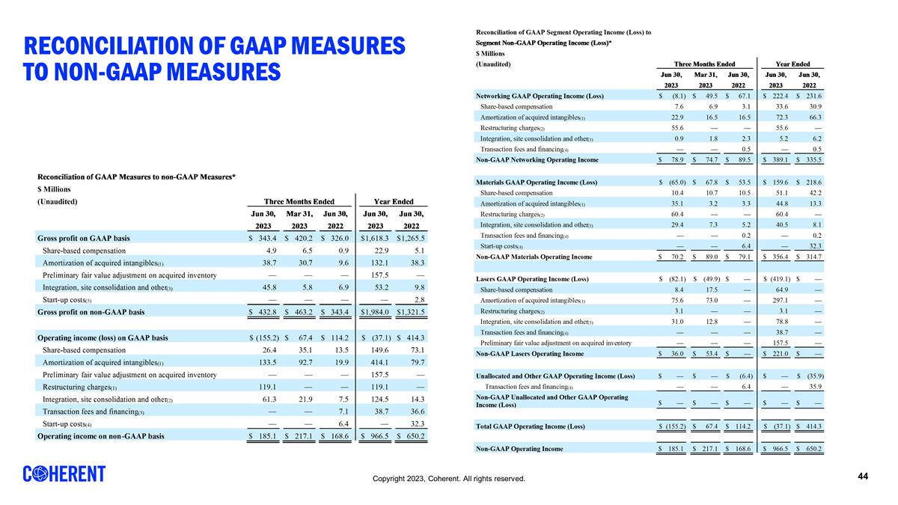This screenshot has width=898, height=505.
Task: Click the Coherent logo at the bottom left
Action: point(64,474)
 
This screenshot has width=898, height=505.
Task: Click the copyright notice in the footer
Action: point(453,478)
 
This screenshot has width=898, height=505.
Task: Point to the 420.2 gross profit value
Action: point(301,238)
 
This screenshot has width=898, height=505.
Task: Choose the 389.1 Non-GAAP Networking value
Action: point(776,159)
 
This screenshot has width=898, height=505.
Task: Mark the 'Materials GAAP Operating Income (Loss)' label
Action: point(537,183)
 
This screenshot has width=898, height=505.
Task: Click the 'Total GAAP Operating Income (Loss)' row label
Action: point(530,426)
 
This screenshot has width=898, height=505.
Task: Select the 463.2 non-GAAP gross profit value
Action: point(301,311)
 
